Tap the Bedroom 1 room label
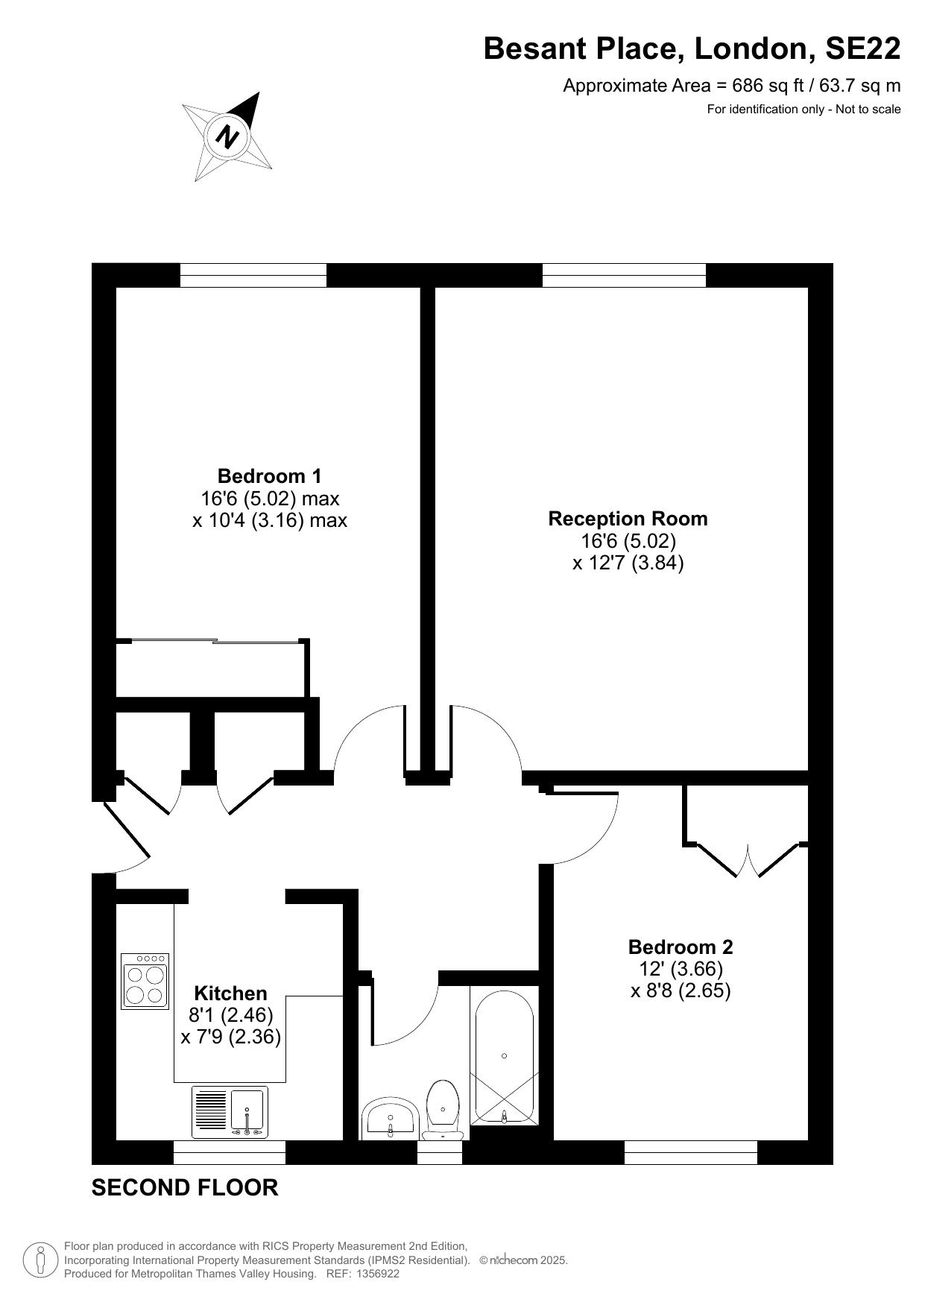[x=270, y=476]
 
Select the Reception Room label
[x=628, y=519]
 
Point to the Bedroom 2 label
[x=681, y=947]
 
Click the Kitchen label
[x=230, y=993]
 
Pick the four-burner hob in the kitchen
[x=145, y=982]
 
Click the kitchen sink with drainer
[x=230, y=1112]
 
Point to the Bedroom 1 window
[x=253, y=275]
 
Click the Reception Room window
[x=624, y=275]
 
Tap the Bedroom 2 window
[x=691, y=1152]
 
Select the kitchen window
[x=230, y=1152]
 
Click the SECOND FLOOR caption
[x=185, y=1188]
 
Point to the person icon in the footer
[x=41, y=1260]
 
